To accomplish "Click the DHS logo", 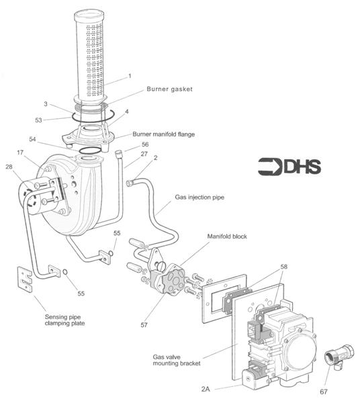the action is coord(289,167).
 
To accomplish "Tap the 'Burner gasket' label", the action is coord(169,89).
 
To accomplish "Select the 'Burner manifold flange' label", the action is coord(163,134).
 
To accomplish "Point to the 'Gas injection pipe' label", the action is coord(199,197).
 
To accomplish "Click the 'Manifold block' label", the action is coord(227,236).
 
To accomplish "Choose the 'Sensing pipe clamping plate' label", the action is coord(64,320).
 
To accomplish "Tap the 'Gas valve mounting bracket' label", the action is coord(176,360).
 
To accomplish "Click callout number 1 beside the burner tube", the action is coord(130,76).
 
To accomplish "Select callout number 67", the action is coord(324,392).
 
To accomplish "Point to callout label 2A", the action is coord(206,389).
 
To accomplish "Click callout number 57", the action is coord(144,325).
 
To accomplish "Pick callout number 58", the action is coord(283,267).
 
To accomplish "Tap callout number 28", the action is coord(9,167).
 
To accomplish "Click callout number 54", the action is coord(32,139).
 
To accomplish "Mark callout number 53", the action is coord(38,120).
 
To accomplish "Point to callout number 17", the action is coord(20,152).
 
